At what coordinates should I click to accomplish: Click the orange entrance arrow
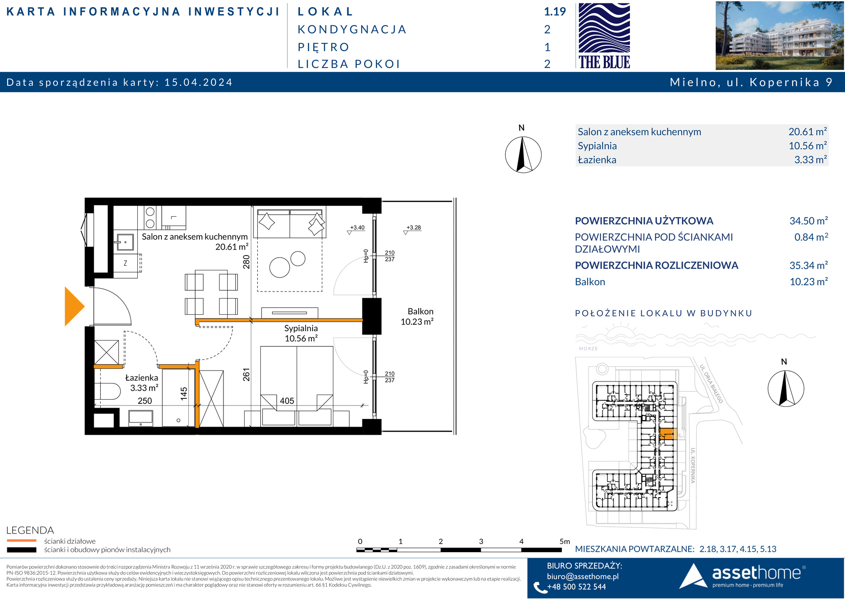click(74, 306)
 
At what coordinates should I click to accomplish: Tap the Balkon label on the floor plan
click(420, 311)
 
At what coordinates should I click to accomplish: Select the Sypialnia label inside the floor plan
click(301, 328)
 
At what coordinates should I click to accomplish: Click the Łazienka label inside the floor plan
click(142, 378)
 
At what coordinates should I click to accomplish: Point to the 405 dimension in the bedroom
click(287, 401)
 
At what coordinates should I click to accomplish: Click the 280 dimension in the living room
click(246, 262)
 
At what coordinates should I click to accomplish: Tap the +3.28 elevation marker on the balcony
click(414, 227)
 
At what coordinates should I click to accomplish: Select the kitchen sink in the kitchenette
click(124, 242)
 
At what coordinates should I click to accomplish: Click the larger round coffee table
click(280, 267)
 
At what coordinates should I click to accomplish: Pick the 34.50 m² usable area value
click(809, 221)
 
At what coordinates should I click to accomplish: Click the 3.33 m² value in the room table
click(810, 160)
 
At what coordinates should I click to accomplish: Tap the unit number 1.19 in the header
click(555, 12)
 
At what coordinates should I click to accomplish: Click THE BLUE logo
click(604, 35)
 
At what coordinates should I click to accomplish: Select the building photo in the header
click(780, 35)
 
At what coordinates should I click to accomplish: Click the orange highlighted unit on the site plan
click(666, 434)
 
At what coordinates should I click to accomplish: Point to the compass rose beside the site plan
click(785, 388)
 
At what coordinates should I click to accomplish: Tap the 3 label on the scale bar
click(481, 541)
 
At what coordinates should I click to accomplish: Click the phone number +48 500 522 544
click(576, 587)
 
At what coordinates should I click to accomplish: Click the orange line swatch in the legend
click(22, 541)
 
